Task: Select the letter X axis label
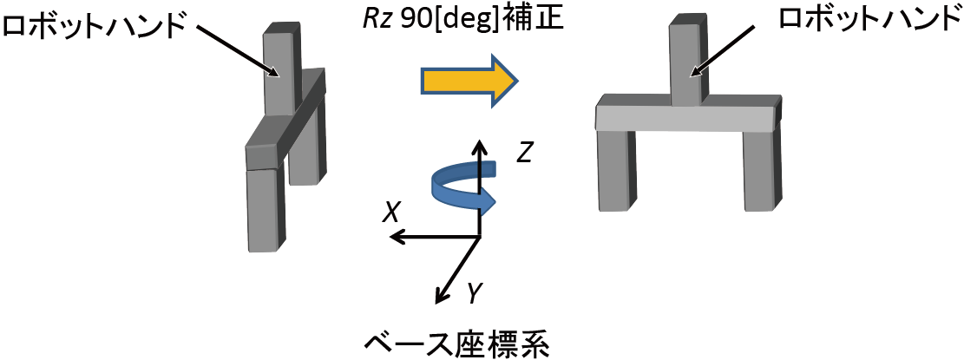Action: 391,211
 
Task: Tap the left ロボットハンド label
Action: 95,24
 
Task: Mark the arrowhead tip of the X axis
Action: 391,236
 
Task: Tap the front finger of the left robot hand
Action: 264,208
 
